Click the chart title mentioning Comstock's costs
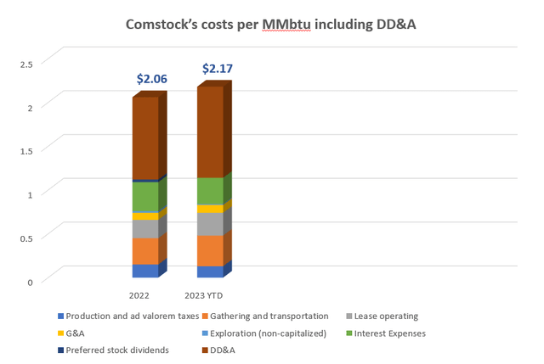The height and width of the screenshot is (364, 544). [x=272, y=25]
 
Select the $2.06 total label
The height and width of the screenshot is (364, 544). [x=152, y=79]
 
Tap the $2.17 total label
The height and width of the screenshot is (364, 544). [x=217, y=68]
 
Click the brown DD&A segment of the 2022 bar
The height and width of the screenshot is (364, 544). [x=144, y=138]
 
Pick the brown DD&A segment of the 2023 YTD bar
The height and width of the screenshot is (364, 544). [x=210, y=132]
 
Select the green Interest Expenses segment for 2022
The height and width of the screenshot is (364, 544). [x=144, y=197]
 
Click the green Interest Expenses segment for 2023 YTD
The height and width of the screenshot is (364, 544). [x=210, y=191]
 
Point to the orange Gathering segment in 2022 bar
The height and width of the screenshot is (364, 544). [x=144, y=251]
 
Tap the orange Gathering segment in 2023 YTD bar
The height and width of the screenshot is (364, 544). [x=210, y=250]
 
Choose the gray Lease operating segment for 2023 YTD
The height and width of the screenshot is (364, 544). [x=210, y=224]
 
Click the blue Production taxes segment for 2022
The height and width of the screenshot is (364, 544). [x=144, y=271]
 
